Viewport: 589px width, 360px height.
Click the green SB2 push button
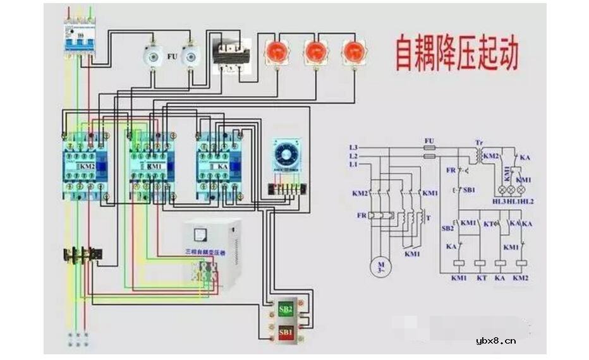point(286,309)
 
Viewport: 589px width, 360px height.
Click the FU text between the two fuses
point(171,56)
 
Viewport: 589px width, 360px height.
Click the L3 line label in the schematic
point(353,147)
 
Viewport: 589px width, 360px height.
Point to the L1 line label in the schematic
point(353,164)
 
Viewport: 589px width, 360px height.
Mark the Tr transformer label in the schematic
point(478,142)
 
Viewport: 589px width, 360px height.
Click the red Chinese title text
point(456,53)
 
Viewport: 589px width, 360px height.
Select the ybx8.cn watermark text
point(496,340)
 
